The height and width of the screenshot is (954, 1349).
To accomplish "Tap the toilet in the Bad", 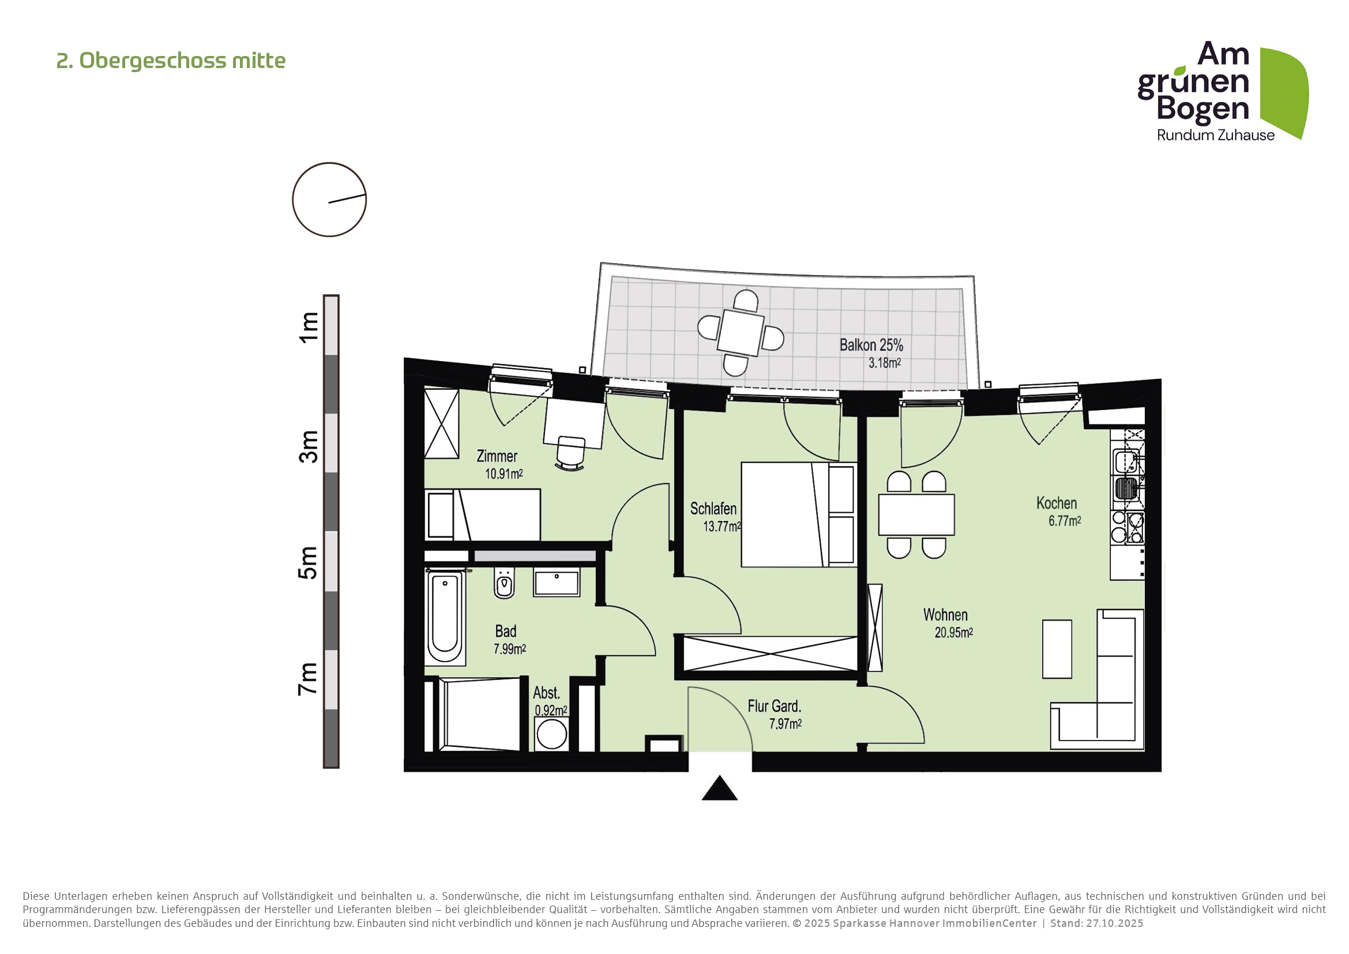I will [x=503, y=583].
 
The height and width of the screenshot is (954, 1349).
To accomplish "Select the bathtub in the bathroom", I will [x=445, y=617].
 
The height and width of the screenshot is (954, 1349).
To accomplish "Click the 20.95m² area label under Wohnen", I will [x=953, y=633].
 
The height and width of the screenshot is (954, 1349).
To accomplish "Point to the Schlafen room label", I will [x=713, y=509].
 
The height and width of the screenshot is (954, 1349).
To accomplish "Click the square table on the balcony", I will [x=741, y=332].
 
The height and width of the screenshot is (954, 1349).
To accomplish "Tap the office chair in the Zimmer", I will [x=570, y=452].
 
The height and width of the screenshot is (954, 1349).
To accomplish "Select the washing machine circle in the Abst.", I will [x=551, y=734].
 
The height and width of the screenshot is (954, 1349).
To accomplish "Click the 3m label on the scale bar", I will [x=309, y=446].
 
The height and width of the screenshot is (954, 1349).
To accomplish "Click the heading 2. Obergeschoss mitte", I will [x=170, y=61].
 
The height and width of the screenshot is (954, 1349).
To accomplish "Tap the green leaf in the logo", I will [x=1285, y=91].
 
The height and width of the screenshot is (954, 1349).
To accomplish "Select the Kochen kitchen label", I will [x=1056, y=504].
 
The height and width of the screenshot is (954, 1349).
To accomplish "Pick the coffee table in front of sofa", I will [x=1057, y=649].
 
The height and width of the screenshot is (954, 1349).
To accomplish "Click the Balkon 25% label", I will [x=871, y=345].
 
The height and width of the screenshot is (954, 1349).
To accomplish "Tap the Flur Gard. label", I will [x=774, y=706].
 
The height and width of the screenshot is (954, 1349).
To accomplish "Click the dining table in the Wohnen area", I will [x=916, y=514].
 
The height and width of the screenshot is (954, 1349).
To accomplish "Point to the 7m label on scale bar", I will [x=309, y=679].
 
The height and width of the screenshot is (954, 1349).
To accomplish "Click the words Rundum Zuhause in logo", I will [x=1215, y=135].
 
